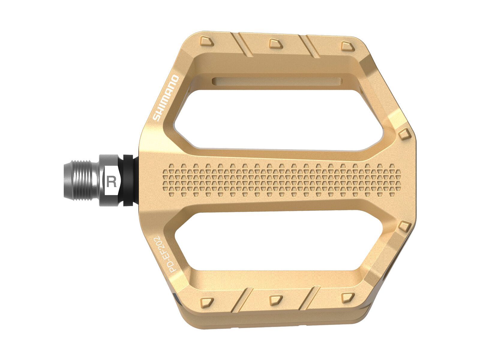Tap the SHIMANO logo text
(166, 98)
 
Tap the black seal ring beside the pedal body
(128, 180)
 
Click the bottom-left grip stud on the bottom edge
(207, 301)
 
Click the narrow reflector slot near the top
(276, 81)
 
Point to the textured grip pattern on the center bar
(282, 180)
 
